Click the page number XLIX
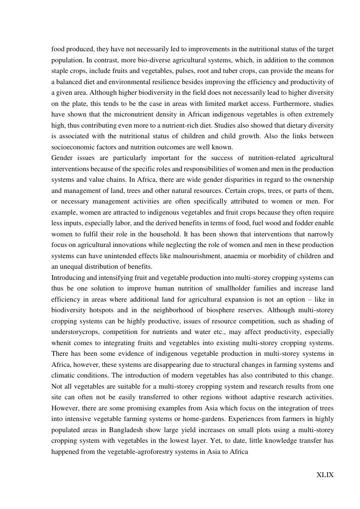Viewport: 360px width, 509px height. click(x=325, y=475)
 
